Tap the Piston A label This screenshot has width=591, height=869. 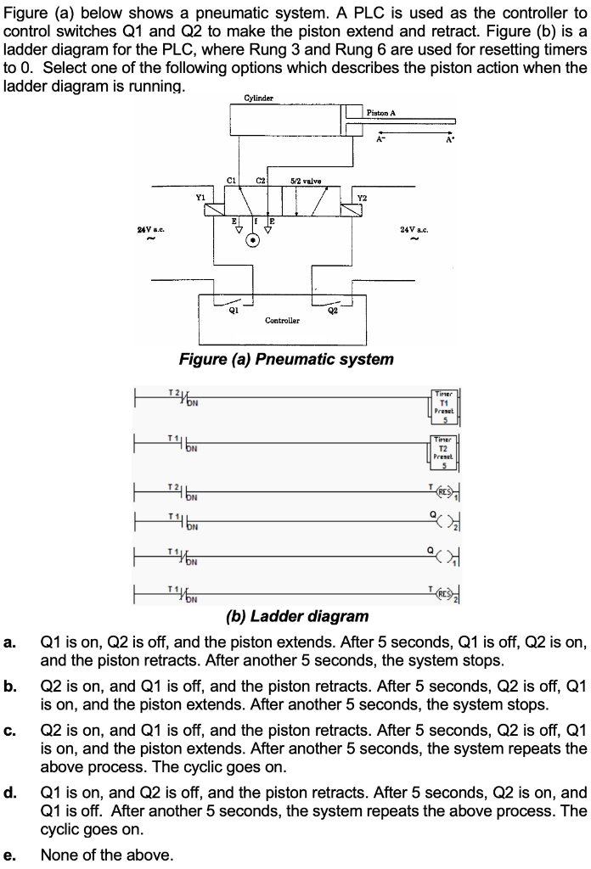point(381,112)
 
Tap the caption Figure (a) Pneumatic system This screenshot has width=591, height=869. point(286,359)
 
